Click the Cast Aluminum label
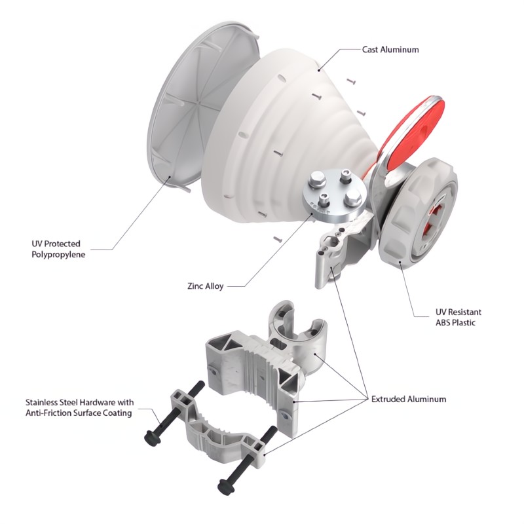[x=390, y=50]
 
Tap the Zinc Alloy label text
[x=205, y=286]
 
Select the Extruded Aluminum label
[x=409, y=399]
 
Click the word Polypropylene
[x=58, y=255]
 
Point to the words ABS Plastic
[x=455, y=323]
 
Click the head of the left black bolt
[x=152, y=437]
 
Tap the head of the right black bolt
[x=225, y=486]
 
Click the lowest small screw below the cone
[x=278, y=239]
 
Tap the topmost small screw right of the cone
[x=351, y=81]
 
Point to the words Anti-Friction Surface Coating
[x=79, y=413]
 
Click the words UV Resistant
[x=458, y=312]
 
